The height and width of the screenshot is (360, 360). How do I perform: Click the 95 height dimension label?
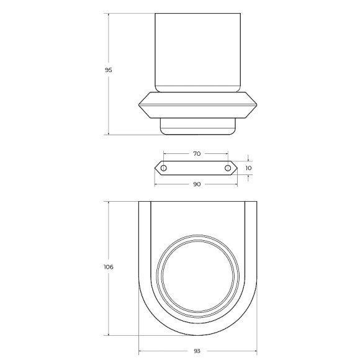point(109,70)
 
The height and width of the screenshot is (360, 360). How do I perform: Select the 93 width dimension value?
point(197,351)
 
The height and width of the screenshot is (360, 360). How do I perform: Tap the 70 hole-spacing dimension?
point(197,153)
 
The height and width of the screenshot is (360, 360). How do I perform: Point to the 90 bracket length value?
point(197,184)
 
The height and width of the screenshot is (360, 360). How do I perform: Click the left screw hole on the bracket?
point(164,168)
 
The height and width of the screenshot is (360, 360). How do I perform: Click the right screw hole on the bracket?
point(228,168)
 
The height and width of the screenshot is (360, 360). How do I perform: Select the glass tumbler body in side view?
point(197,53)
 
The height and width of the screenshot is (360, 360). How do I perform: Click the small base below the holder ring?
point(197,127)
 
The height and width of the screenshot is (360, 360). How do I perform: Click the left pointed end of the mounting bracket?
point(155,168)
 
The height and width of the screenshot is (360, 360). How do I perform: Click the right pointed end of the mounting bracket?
point(239,168)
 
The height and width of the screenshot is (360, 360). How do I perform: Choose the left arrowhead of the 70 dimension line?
point(165,153)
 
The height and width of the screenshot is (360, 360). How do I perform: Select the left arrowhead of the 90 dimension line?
point(156,184)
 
